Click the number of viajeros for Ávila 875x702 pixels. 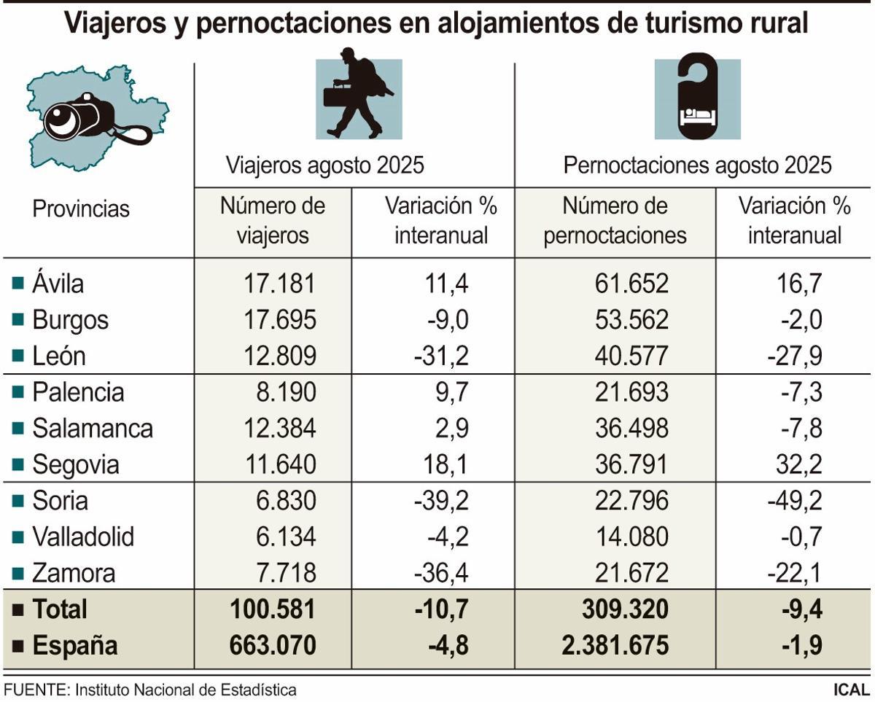pos(279,284)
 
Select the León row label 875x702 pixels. pos(58,356)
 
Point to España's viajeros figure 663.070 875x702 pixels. pos(273,645)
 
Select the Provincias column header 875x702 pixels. pos(80,209)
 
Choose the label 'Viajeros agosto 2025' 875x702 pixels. pos(324,165)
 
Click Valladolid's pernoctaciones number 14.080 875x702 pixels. pos(631,537)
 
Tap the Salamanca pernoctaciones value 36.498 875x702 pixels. pos(631,428)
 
